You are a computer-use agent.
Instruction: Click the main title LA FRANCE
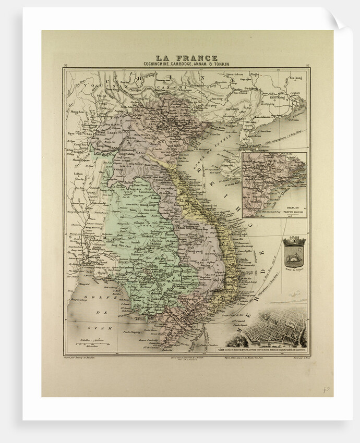187,58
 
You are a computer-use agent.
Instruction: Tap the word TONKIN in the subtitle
219,64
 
